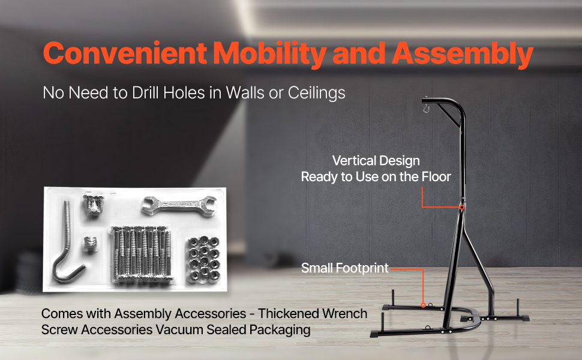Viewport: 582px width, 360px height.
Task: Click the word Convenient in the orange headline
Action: [125, 53]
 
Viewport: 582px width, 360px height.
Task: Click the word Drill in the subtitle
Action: [145, 92]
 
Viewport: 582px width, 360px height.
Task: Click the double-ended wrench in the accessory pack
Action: [179, 205]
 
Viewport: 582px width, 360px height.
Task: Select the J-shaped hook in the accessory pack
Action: [68, 242]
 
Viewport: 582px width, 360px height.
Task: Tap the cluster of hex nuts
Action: [203, 259]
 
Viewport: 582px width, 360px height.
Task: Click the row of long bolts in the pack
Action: [142, 254]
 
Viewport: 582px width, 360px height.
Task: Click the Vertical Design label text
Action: [376, 161]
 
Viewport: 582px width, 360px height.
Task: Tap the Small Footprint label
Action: [345, 268]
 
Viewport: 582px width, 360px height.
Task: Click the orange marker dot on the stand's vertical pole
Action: [462, 208]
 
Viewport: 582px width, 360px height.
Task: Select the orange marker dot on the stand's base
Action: [423, 305]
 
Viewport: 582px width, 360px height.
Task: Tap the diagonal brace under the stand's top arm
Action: [449, 115]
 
